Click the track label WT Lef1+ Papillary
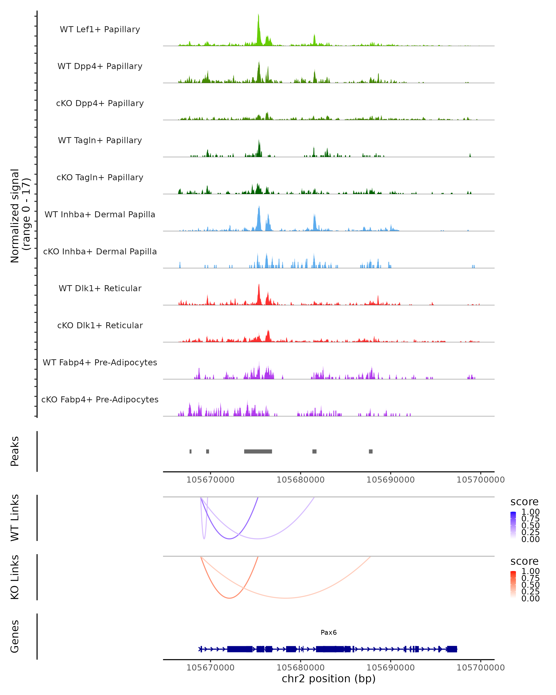pos(100,29)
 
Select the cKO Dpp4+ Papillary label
pos(100,103)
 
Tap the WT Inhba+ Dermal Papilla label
pos(100,214)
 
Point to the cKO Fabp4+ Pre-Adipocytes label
pos(100,399)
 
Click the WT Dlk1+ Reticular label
pos(100,288)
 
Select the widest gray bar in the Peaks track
pos(258,451)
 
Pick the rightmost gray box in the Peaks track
pos(371,451)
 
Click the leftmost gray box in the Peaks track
pos(190,451)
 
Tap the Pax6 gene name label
pos(329,632)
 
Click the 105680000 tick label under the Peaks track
pos(300,480)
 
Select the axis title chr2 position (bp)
pos(329,679)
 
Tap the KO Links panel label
pos(15,577)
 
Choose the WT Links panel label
pos(15,518)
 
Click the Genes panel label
pos(15,636)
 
